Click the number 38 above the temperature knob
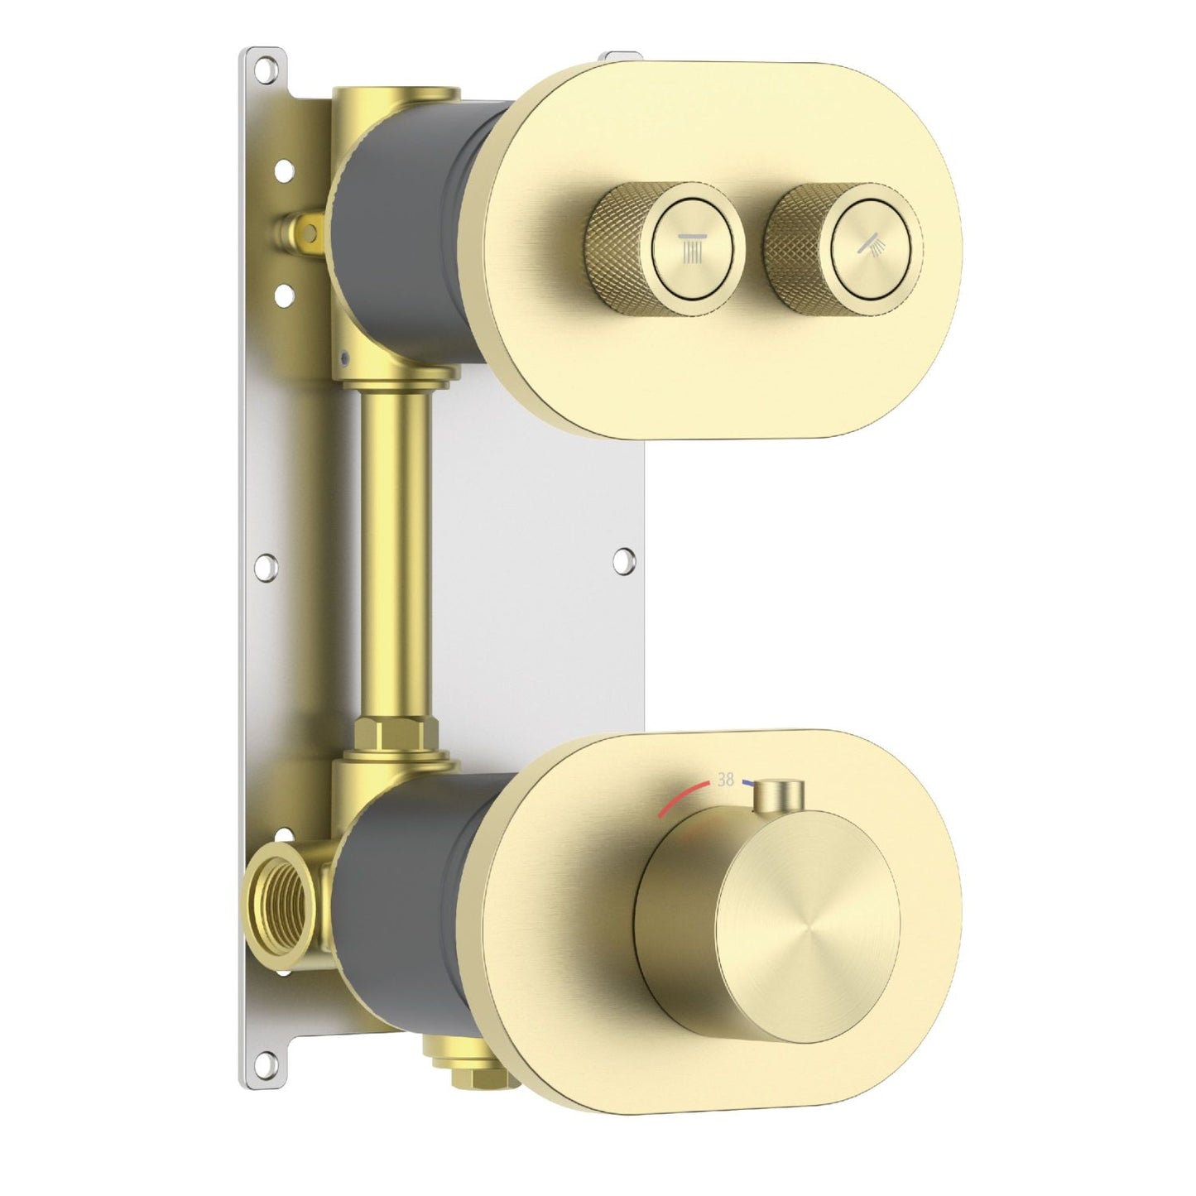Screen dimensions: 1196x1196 pyautogui.click(x=726, y=780)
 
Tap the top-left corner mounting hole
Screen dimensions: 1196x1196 pyautogui.click(x=267, y=64)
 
